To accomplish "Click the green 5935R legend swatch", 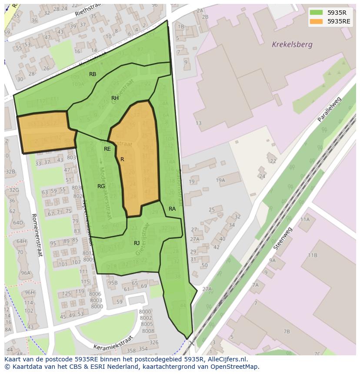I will [316, 12].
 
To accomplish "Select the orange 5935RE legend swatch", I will [316, 21].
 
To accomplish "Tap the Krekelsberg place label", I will [292, 44].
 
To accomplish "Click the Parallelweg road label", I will [330, 110].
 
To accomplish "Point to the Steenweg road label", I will [283, 238].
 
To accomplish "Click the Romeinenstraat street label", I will [36, 235].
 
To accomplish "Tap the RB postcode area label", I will [93, 74].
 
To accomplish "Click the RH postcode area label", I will [115, 98].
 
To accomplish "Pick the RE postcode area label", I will [107, 149].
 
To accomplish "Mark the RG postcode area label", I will [101, 186].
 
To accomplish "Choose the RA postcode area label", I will [172, 209].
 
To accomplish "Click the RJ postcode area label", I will [137, 243].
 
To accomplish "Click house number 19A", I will [220, 180].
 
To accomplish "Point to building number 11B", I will [313, 255].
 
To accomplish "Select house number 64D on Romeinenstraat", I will [18, 223].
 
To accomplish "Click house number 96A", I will [26, 273].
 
